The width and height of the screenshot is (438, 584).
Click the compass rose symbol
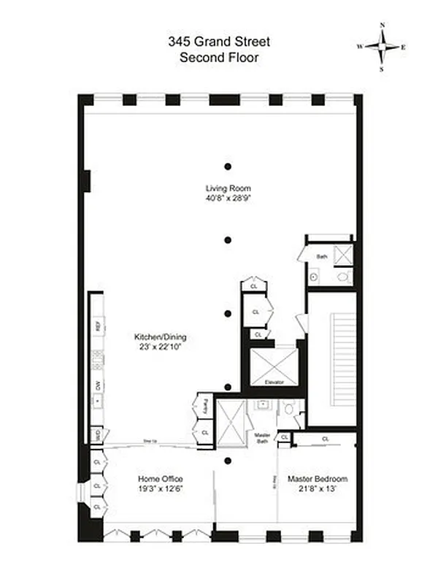pyautogui.click(x=383, y=46)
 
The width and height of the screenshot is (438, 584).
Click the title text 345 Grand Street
pyautogui.click(x=218, y=42)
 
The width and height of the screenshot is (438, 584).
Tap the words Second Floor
pyautogui.click(x=218, y=57)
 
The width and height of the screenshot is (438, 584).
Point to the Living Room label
pyautogui.click(x=228, y=188)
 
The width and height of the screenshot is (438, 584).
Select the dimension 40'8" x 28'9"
pyautogui.click(x=228, y=198)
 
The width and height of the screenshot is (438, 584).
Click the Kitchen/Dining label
pyautogui.click(x=160, y=337)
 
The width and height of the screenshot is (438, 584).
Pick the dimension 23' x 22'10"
pyautogui.click(x=160, y=347)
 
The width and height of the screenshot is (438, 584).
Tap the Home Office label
pyautogui.click(x=159, y=479)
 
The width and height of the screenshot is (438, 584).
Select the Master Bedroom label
pyautogui.click(x=317, y=479)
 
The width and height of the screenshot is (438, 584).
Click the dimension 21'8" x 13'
pyautogui.click(x=317, y=489)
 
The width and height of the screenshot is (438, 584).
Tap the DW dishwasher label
pyautogui.click(x=96, y=385)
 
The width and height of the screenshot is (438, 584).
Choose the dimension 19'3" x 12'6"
pyautogui.click(x=159, y=489)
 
